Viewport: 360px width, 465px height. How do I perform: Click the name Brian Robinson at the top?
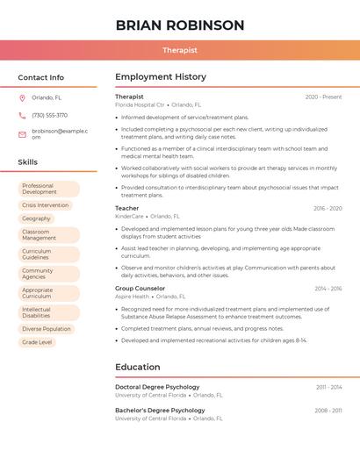[x=180, y=25]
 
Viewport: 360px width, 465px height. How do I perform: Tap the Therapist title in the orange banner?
[x=180, y=51]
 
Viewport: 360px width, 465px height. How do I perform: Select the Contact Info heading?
[x=41, y=77]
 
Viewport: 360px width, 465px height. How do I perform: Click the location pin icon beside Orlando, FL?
[x=22, y=98]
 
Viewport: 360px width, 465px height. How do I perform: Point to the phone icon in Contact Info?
[x=22, y=115]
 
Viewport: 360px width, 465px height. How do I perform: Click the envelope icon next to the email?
[x=22, y=133]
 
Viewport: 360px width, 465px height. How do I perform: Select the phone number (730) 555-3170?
[x=49, y=115]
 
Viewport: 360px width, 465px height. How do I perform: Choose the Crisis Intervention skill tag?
[x=45, y=205]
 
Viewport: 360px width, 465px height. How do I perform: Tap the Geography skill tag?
[x=36, y=218]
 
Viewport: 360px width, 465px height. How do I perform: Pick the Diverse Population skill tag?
[x=47, y=329]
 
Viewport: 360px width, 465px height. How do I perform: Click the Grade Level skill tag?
[x=37, y=342]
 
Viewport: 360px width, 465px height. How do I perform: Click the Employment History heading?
[x=161, y=77]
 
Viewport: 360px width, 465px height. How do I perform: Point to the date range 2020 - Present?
[x=323, y=97]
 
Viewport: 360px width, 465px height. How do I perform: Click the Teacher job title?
[x=126, y=208]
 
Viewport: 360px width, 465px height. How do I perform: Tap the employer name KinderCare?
[x=129, y=216]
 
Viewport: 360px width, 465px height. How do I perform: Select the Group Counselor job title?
[x=140, y=288]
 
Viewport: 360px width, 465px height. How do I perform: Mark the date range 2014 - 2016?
[x=328, y=289]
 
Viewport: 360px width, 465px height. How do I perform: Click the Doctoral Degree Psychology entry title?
[x=157, y=387]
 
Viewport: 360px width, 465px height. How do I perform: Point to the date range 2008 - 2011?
[x=328, y=411]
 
